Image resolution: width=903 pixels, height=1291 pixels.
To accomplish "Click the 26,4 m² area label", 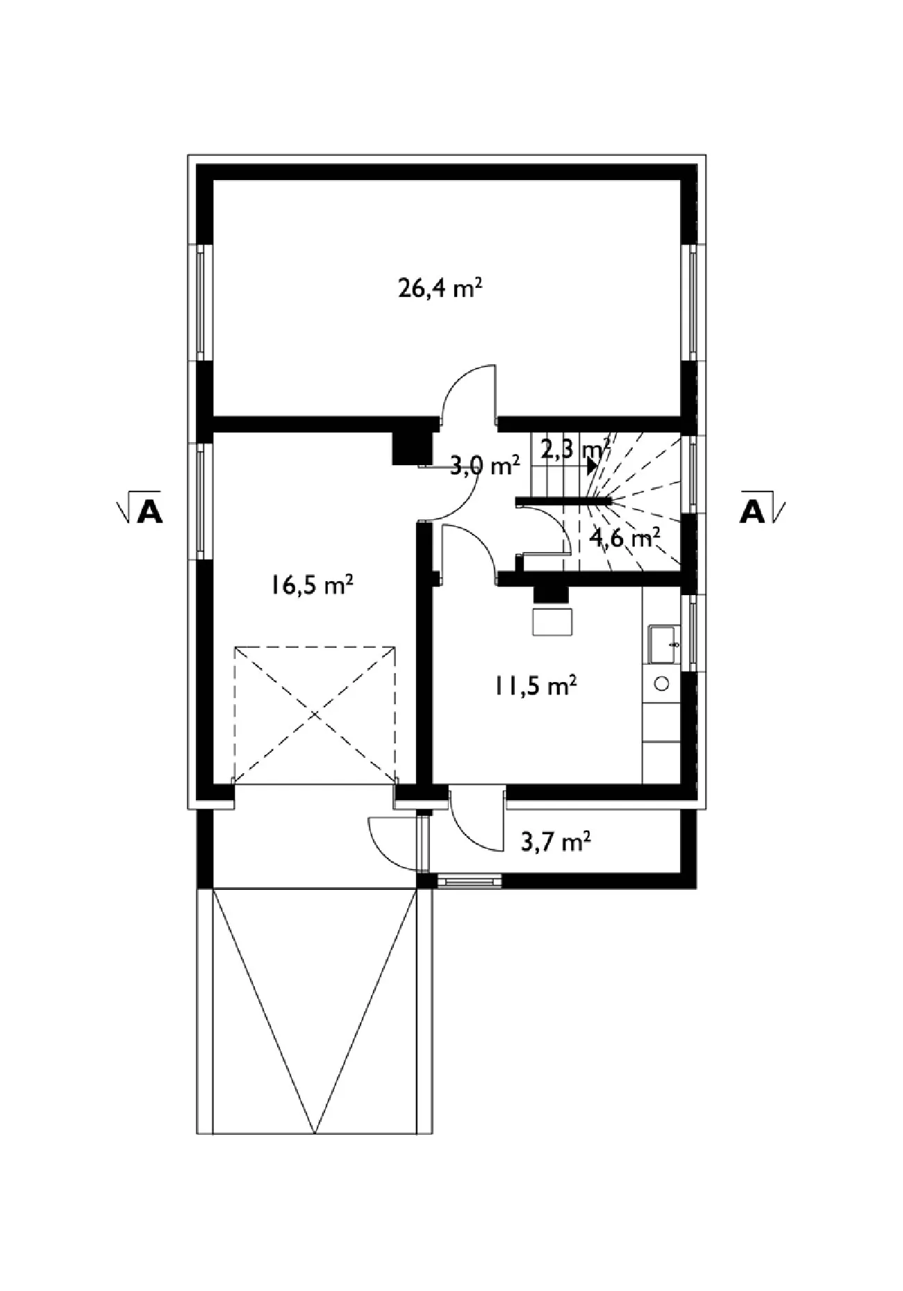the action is click(440, 288).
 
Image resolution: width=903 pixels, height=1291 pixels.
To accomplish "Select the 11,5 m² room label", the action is click(536, 686).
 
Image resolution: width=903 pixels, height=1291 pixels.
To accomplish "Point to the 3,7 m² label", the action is click(556, 843).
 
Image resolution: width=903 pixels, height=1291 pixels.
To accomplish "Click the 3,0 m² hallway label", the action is click(485, 466).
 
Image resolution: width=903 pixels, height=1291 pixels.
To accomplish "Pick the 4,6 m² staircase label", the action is click(624, 537).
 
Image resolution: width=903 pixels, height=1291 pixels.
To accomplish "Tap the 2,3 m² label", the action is click(575, 449).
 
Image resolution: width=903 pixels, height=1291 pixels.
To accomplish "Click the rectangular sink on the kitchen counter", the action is click(663, 644).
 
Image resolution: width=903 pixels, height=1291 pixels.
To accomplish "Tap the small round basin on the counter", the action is click(662, 684).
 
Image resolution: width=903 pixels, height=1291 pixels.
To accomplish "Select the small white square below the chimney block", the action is click(553, 621).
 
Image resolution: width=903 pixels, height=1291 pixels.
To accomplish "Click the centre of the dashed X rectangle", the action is click(315, 715).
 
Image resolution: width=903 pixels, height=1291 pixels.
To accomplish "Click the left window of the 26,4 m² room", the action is click(201, 303).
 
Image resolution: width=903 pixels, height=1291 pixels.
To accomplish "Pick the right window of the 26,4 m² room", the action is click(693, 303).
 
